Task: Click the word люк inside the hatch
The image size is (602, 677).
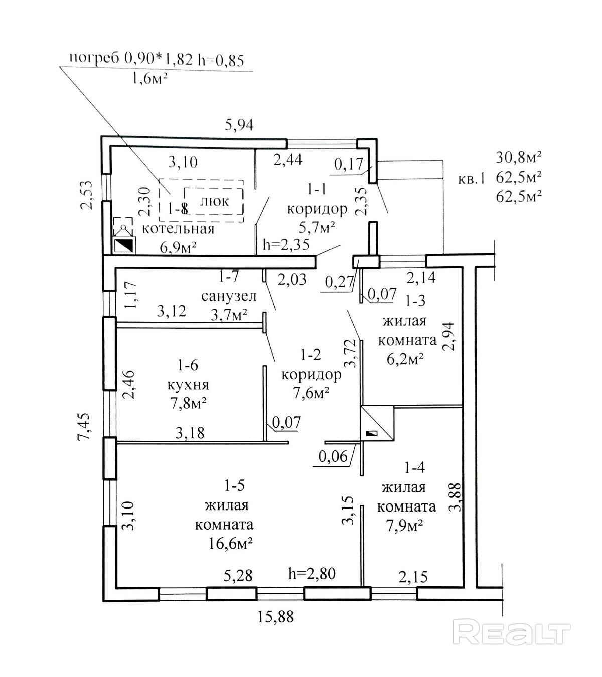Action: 214,201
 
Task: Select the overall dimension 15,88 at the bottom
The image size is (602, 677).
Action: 276,616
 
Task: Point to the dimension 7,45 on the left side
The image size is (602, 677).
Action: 85,426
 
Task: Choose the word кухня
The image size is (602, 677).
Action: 188,385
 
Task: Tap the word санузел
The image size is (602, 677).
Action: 229,296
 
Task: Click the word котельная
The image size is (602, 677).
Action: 179,229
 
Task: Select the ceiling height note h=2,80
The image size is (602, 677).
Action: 312,573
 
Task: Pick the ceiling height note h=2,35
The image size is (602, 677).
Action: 286,245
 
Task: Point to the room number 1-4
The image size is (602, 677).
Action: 414,467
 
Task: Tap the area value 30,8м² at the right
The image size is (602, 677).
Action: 519,158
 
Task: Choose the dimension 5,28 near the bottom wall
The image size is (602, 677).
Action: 238,575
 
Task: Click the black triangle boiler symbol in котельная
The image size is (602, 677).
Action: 124,245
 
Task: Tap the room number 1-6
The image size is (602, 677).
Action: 187,365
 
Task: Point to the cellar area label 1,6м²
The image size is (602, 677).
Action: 149,79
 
